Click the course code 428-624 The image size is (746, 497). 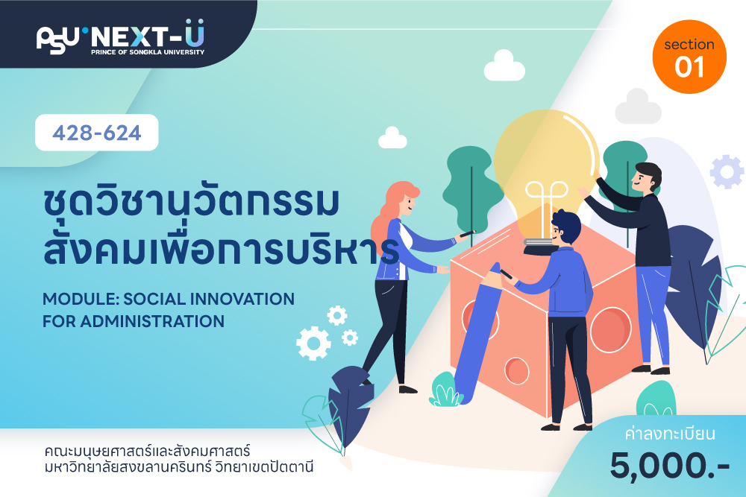(x=96, y=133)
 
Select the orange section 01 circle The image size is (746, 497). (x=689, y=57)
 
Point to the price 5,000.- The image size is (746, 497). (x=670, y=466)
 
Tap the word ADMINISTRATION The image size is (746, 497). (x=152, y=321)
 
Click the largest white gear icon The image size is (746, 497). (x=313, y=343)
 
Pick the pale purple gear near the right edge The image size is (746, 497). (x=727, y=171)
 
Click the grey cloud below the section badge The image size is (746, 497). (x=639, y=107)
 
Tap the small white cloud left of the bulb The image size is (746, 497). (x=392, y=138)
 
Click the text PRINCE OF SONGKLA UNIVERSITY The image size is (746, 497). (x=148, y=52)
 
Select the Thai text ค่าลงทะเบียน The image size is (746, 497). (x=670, y=434)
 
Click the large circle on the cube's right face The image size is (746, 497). (x=610, y=330)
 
